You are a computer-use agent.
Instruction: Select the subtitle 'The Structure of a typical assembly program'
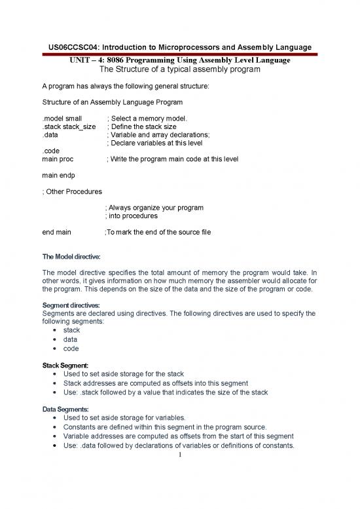pyautogui.click(x=180, y=69)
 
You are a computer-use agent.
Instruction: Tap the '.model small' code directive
pyautogui.click(x=63, y=118)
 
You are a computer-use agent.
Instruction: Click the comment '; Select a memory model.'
pyautogui.click(x=147, y=118)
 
